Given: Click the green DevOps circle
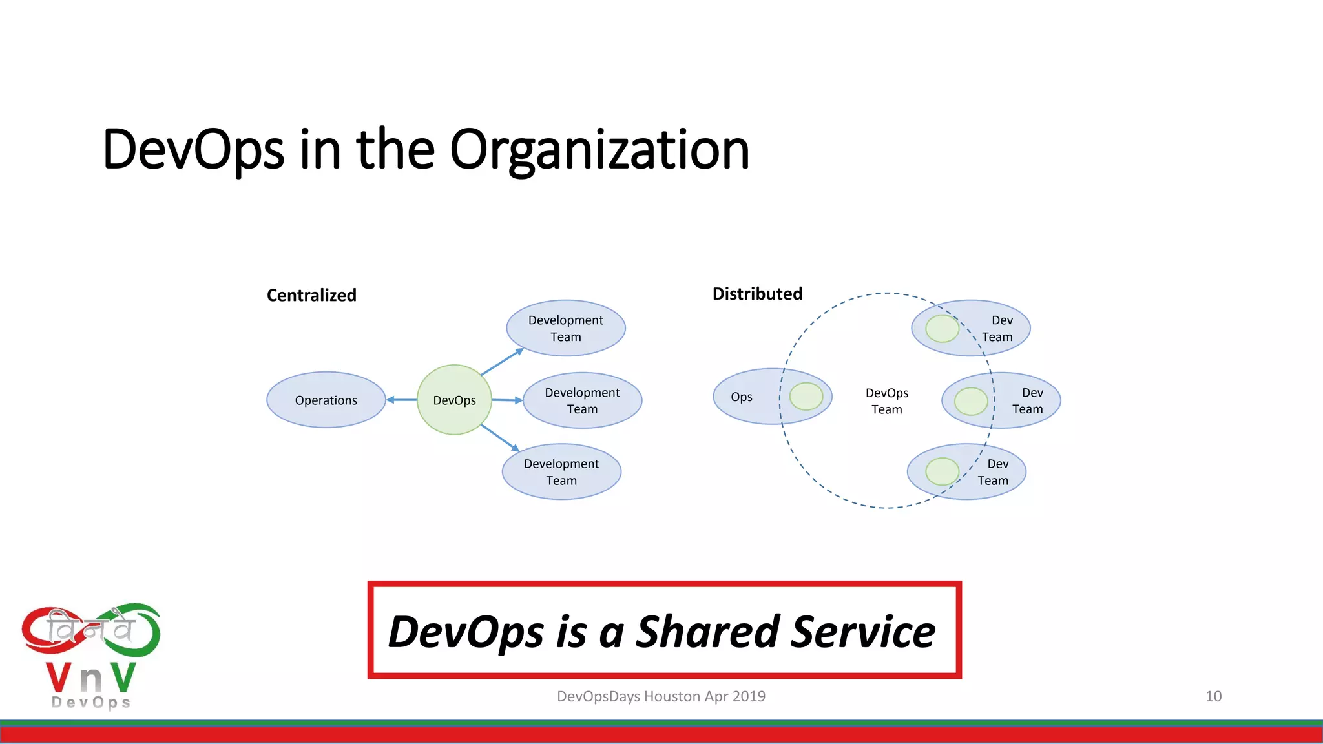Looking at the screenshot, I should (x=454, y=400).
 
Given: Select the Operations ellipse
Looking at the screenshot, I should (x=326, y=400).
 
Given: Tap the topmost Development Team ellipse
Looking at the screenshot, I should (x=565, y=328).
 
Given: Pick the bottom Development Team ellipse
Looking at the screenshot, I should (x=561, y=471).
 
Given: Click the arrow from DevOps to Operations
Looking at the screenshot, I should (x=402, y=400).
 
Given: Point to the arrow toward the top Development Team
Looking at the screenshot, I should (x=502, y=362).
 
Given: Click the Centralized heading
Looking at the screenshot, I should (x=311, y=295).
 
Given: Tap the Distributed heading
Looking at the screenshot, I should (x=757, y=294).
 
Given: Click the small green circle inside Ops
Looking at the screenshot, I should (x=806, y=397).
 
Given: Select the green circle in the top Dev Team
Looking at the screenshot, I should (x=942, y=329).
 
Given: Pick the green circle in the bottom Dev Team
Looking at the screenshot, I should (x=942, y=471).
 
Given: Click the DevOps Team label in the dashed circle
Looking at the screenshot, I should (x=886, y=401).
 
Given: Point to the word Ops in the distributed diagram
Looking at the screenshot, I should (x=742, y=397).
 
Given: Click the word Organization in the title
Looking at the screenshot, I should (x=599, y=150).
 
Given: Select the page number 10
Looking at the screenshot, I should (x=1213, y=696).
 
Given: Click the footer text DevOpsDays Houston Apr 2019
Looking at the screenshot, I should (x=661, y=696).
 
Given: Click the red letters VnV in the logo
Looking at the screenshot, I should (x=90, y=677).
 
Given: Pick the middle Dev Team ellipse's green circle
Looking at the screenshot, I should (x=971, y=401).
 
